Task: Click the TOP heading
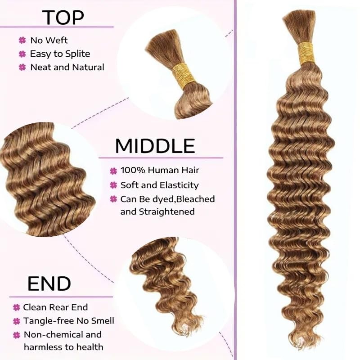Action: click(63, 17)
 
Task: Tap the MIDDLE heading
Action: click(155, 146)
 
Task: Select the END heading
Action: click(49, 283)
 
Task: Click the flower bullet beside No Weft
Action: click(22, 40)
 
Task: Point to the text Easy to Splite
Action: click(60, 54)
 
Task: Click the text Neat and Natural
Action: click(67, 67)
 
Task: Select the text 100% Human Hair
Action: click(160, 171)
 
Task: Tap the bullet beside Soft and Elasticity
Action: click(113, 185)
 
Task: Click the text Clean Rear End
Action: click(55, 307)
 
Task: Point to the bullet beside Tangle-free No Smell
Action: click(17, 321)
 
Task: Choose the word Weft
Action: click(58, 40)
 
